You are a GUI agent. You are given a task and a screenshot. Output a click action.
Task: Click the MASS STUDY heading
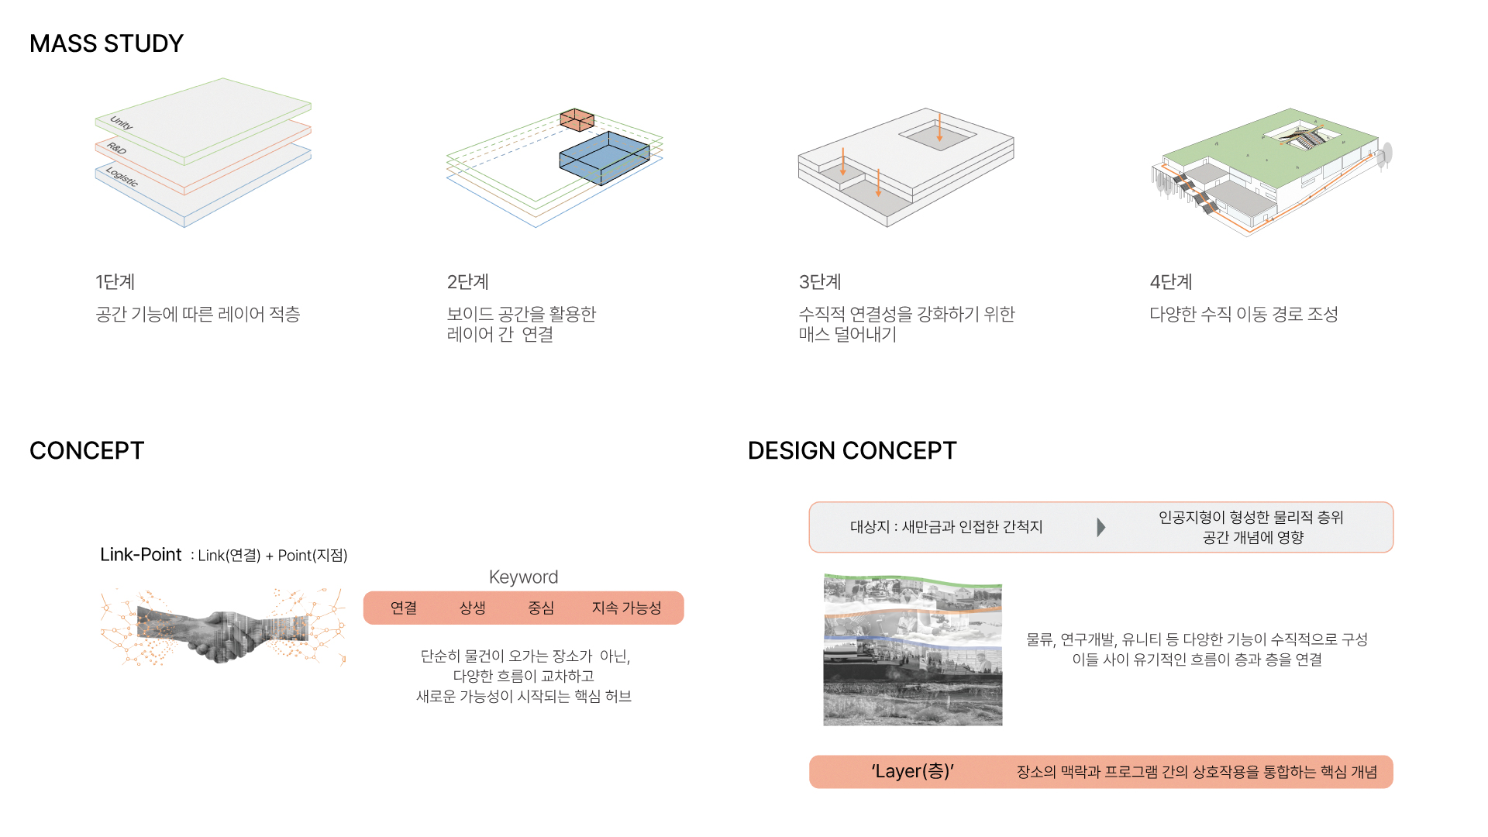pyautogui.click(x=106, y=43)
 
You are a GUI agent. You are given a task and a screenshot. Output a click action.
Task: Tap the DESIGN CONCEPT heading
pyautogui.click(x=852, y=450)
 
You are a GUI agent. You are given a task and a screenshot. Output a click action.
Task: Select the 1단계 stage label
pyautogui.click(x=115, y=282)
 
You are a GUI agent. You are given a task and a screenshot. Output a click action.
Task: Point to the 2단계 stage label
pyautogui.click(x=467, y=282)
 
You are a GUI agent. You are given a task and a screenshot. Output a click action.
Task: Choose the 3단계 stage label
pyautogui.click(x=820, y=282)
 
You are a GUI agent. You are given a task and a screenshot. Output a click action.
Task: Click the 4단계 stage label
pyautogui.click(x=1171, y=282)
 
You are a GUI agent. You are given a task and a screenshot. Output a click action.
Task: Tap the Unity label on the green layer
pyautogui.click(x=122, y=123)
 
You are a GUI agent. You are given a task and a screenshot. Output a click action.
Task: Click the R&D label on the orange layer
pyautogui.click(x=117, y=148)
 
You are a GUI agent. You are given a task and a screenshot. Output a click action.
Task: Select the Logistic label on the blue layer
pyautogui.click(x=122, y=177)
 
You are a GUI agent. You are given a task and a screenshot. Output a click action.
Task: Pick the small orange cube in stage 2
pyautogui.click(x=577, y=119)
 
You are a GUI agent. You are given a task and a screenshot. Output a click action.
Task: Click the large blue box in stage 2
pyautogui.click(x=604, y=157)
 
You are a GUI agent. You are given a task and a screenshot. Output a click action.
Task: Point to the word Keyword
pyautogui.click(x=523, y=577)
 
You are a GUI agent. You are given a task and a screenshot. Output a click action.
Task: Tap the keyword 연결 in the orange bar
pyautogui.click(x=404, y=608)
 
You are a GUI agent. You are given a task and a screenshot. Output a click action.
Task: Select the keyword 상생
pyautogui.click(x=472, y=608)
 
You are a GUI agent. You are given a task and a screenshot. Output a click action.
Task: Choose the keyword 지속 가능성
pyautogui.click(x=626, y=608)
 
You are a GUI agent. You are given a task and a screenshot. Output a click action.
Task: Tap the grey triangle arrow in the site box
pyautogui.click(x=1101, y=527)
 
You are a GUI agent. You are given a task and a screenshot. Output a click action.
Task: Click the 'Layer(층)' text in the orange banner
pyautogui.click(x=912, y=771)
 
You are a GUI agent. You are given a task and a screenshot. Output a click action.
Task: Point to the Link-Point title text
pyautogui.click(x=140, y=555)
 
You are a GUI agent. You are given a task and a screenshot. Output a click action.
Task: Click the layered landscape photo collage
pyautogui.click(x=913, y=650)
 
